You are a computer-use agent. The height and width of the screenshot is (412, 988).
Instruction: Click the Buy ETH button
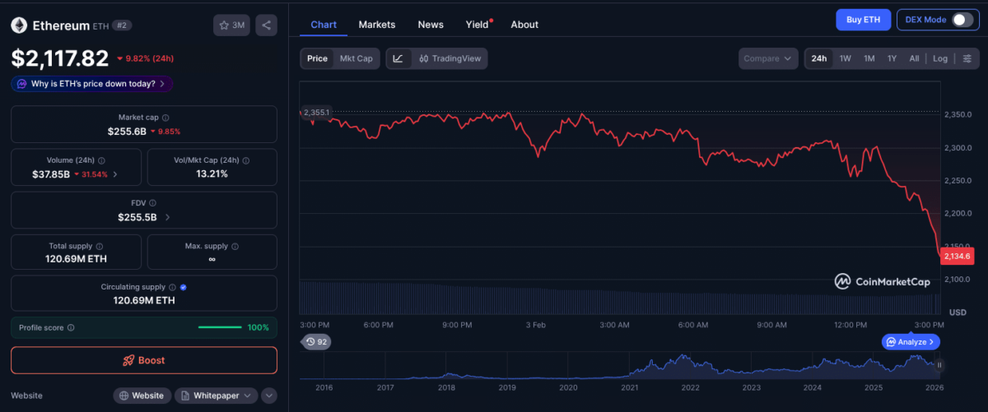click(863, 20)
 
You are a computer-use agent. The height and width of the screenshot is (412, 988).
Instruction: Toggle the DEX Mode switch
click(962, 20)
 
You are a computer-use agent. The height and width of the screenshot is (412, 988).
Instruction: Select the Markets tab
click(376, 25)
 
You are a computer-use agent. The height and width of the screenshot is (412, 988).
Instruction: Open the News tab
click(431, 25)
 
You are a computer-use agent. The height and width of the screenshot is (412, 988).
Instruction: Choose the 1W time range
click(845, 58)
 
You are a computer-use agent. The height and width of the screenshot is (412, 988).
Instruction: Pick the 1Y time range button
click(892, 58)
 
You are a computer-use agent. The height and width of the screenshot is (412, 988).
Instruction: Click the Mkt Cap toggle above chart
click(356, 58)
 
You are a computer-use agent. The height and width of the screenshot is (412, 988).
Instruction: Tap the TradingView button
click(450, 58)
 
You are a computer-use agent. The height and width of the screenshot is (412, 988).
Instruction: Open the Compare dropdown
click(769, 58)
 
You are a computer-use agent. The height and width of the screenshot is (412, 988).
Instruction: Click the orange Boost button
click(144, 360)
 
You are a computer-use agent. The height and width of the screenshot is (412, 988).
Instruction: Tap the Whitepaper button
click(217, 396)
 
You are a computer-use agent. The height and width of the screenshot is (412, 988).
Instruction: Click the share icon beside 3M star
click(266, 25)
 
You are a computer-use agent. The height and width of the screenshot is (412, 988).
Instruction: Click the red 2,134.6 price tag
click(957, 257)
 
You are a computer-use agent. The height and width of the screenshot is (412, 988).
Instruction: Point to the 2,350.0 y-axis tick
click(957, 114)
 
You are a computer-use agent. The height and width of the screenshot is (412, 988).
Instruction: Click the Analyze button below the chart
click(911, 341)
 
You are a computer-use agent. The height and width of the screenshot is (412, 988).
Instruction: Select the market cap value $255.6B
click(127, 131)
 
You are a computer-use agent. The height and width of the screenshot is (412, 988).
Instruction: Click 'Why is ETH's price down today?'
click(92, 84)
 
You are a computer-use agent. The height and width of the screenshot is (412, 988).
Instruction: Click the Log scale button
click(939, 58)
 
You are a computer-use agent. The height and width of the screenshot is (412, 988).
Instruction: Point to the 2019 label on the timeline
click(507, 387)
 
